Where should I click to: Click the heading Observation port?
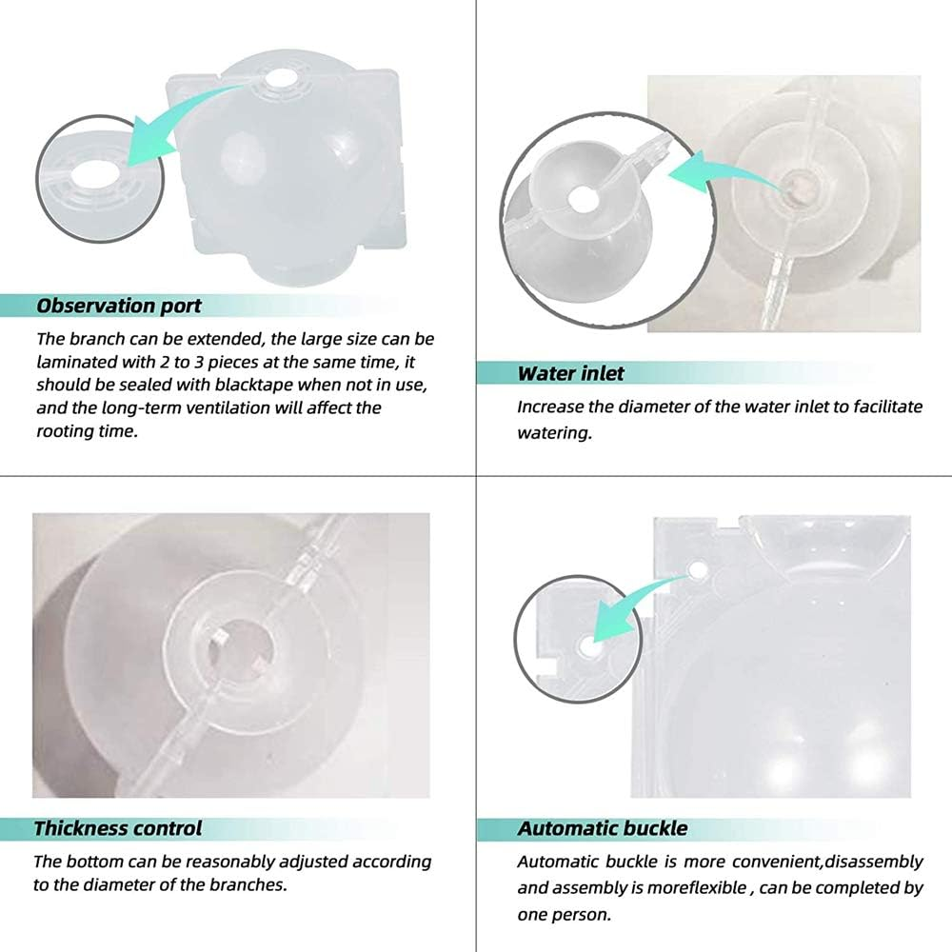point(118,306)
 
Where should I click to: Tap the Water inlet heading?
point(571,372)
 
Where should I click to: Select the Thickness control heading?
point(118,827)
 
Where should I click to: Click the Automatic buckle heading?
point(603,827)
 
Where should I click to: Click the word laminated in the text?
point(77,361)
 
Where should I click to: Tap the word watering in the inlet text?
point(554,431)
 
